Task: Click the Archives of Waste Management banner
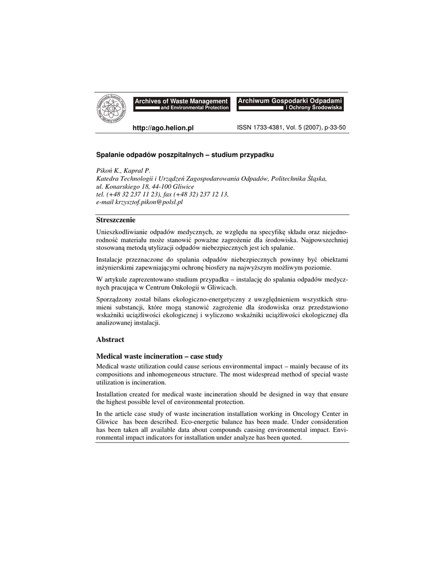(181, 103)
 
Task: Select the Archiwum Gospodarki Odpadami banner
(289, 103)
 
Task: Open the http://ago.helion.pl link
(163, 128)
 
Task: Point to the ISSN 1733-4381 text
(262, 128)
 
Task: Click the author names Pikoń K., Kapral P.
(123, 170)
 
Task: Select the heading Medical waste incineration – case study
(160, 356)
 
